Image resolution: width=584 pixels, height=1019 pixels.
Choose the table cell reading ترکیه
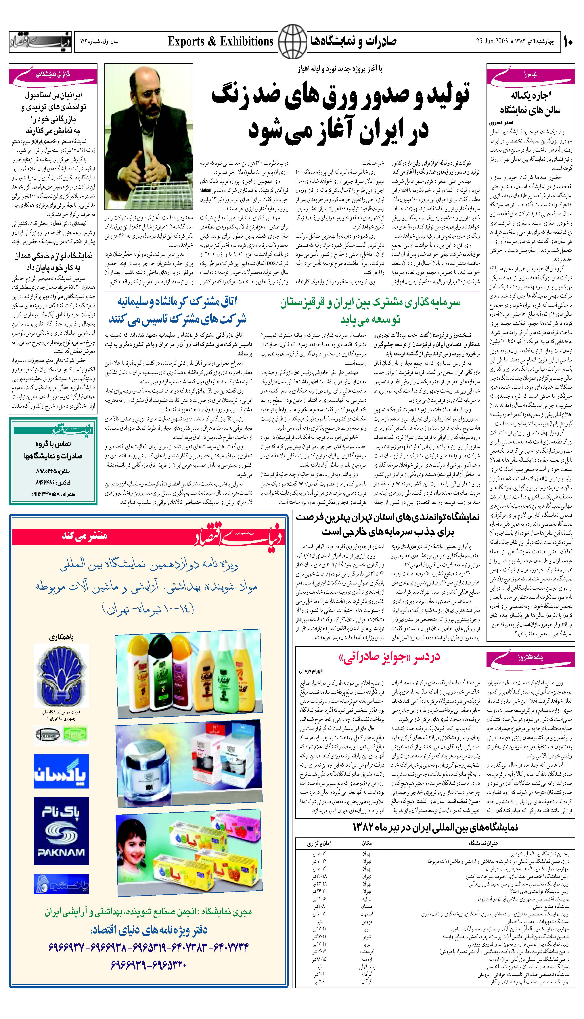point(366,899)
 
